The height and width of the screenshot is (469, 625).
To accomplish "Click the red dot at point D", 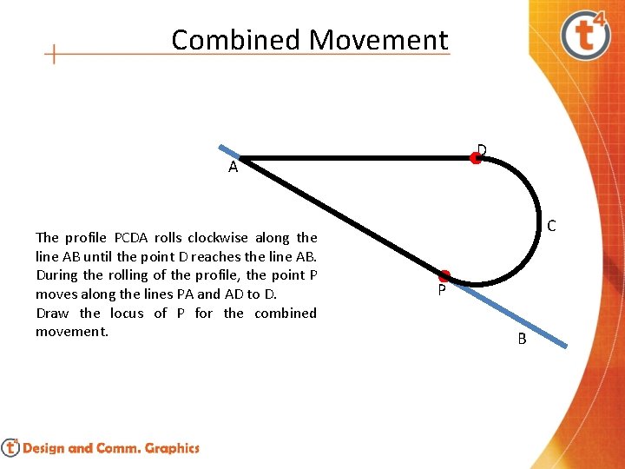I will [x=476, y=158].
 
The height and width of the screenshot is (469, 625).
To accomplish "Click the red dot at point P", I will [x=444, y=276].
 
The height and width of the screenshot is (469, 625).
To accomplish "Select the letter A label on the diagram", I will [x=233, y=168].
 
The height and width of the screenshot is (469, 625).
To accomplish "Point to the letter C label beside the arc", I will [x=551, y=227].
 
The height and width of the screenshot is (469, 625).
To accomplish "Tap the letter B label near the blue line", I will [x=522, y=339].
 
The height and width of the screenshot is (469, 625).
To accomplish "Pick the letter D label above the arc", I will [x=482, y=149].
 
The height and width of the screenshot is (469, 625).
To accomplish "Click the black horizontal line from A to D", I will [x=356, y=158].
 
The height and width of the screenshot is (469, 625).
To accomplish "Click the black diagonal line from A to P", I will [x=339, y=216].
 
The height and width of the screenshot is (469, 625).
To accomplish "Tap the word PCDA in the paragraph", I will [x=132, y=237].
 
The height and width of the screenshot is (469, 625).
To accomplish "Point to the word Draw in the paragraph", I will [x=53, y=313].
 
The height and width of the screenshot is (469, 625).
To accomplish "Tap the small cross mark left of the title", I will [x=54, y=55].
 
